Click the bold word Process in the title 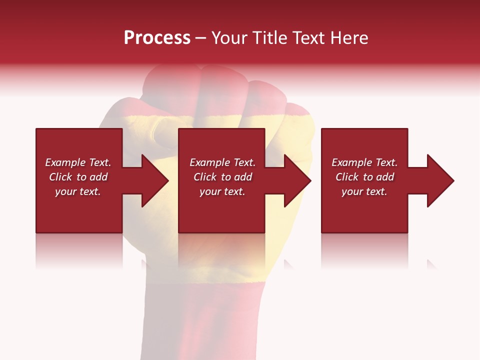(157, 38)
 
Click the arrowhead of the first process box (155, 180)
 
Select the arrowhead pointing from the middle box (297, 180)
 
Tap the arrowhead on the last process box (440, 180)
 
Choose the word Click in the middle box (205, 177)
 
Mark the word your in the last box (352, 191)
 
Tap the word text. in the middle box (234, 191)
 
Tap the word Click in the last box (347, 177)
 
